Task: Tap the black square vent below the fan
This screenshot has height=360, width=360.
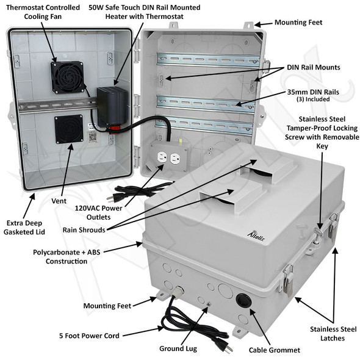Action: click(x=68, y=130)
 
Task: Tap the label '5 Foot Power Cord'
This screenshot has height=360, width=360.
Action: click(x=90, y=336)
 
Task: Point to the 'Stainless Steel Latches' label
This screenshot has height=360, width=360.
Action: click(x=332, y=334)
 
